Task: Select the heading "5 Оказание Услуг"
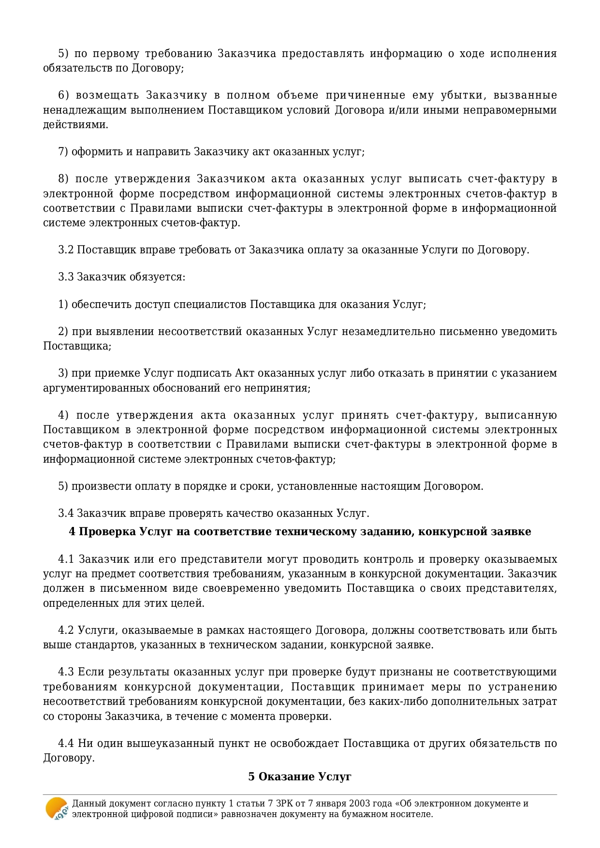tap(300, 776)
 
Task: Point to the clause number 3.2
tap(66, 250)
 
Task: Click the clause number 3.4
tap(66, 513)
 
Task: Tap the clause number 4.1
tap(66, 559)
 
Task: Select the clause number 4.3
tap(66, 672)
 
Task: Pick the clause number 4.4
tap(66, 743)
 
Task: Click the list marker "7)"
tap(63, 152)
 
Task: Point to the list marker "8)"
tap(63, 179)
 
